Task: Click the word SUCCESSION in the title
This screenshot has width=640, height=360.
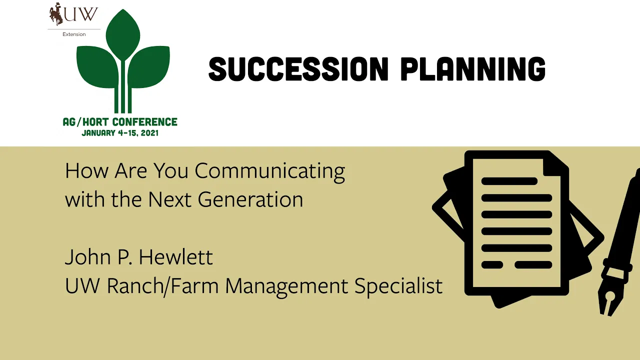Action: [298, 68]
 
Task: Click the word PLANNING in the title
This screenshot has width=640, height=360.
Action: [473, 68]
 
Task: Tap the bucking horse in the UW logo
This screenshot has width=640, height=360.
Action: [56, 13]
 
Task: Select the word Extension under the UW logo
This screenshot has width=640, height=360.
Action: [74, 34]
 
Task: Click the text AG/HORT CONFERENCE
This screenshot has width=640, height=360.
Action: [120, 122]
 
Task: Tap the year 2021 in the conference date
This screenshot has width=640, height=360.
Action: [149, 133]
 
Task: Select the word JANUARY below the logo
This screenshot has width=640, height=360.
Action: [98, 133]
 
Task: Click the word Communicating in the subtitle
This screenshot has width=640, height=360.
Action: [270, 171]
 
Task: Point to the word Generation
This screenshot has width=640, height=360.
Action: [250, 199]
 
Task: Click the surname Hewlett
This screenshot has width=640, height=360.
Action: [175, 257]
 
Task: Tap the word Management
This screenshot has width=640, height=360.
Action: [286, 286]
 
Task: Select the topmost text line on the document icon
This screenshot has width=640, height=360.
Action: [509, 181]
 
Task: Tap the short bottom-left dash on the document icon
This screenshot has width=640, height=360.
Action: [492, 264]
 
